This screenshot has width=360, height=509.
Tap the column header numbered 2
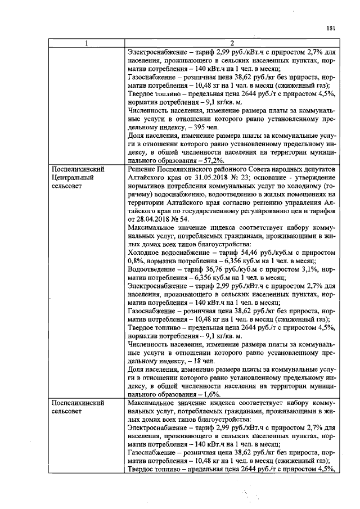click(x=231, y=44)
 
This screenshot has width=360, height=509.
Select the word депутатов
click(x=318, y=169)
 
